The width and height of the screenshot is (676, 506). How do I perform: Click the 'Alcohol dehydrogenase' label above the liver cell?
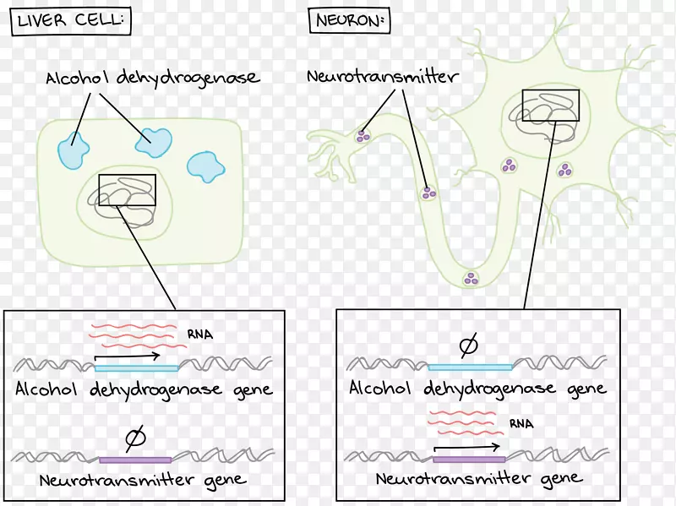pos(152,79)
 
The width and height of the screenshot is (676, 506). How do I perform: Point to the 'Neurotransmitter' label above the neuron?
pos(383,77)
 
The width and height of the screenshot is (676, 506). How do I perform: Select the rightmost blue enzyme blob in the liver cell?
pos(205,166)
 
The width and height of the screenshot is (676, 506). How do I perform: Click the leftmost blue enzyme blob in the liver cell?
pos(74,150)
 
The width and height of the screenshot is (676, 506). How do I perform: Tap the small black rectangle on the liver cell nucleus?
pos(127,190)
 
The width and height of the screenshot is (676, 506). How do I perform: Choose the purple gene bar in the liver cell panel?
pos(135,460)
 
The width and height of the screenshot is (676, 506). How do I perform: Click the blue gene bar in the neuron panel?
pos(470,367)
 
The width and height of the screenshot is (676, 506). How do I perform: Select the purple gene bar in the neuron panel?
pos(469,460)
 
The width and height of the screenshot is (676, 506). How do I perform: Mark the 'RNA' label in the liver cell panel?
pos(200,335)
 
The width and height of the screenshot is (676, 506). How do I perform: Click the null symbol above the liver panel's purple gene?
pos(134,438)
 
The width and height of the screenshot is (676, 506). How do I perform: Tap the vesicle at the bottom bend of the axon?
pos(470,277)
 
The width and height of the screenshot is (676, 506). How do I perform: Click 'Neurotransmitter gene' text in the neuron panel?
pos(479,479)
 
